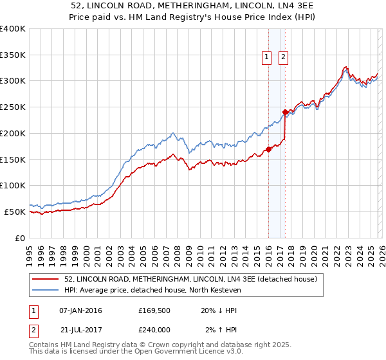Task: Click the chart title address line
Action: [x=193, y=5]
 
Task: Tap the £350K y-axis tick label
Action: [x=13, y=55]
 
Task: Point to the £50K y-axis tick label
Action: [x=15, y=212]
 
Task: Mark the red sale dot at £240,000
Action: [x=284, y=112]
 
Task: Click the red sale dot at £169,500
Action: [x=268, y=149]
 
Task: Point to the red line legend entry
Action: [x=190, y=280]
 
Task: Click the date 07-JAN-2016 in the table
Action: [x=80, y=310]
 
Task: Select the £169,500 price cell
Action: [x=153, y=310]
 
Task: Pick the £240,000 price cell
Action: [x=153, y=330]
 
